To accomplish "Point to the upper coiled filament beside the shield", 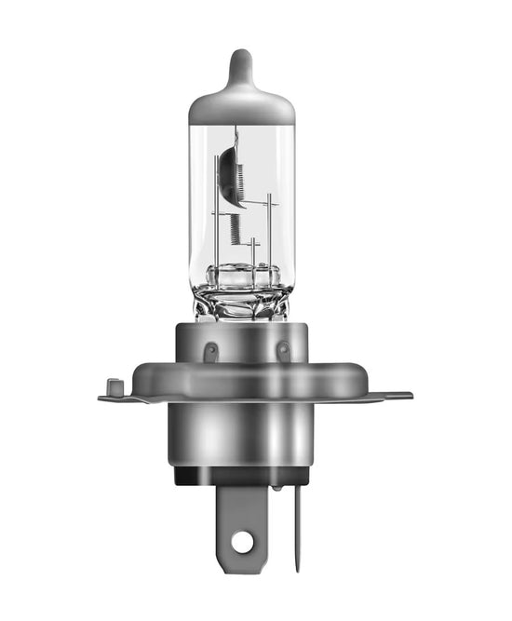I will (x=238, y=177).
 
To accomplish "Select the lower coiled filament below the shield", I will (x=234, y=228).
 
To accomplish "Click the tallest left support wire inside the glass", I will (x=217, y=214).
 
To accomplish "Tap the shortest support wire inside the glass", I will (x=253, y=251).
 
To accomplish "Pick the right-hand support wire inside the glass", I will (x=269, y=233).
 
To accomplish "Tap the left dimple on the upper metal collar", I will (x=211, y=352).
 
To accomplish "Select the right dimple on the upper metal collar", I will (x=282, y=352).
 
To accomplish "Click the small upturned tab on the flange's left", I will (x=115, y=385).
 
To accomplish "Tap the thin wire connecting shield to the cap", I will (x=236, y=135).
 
